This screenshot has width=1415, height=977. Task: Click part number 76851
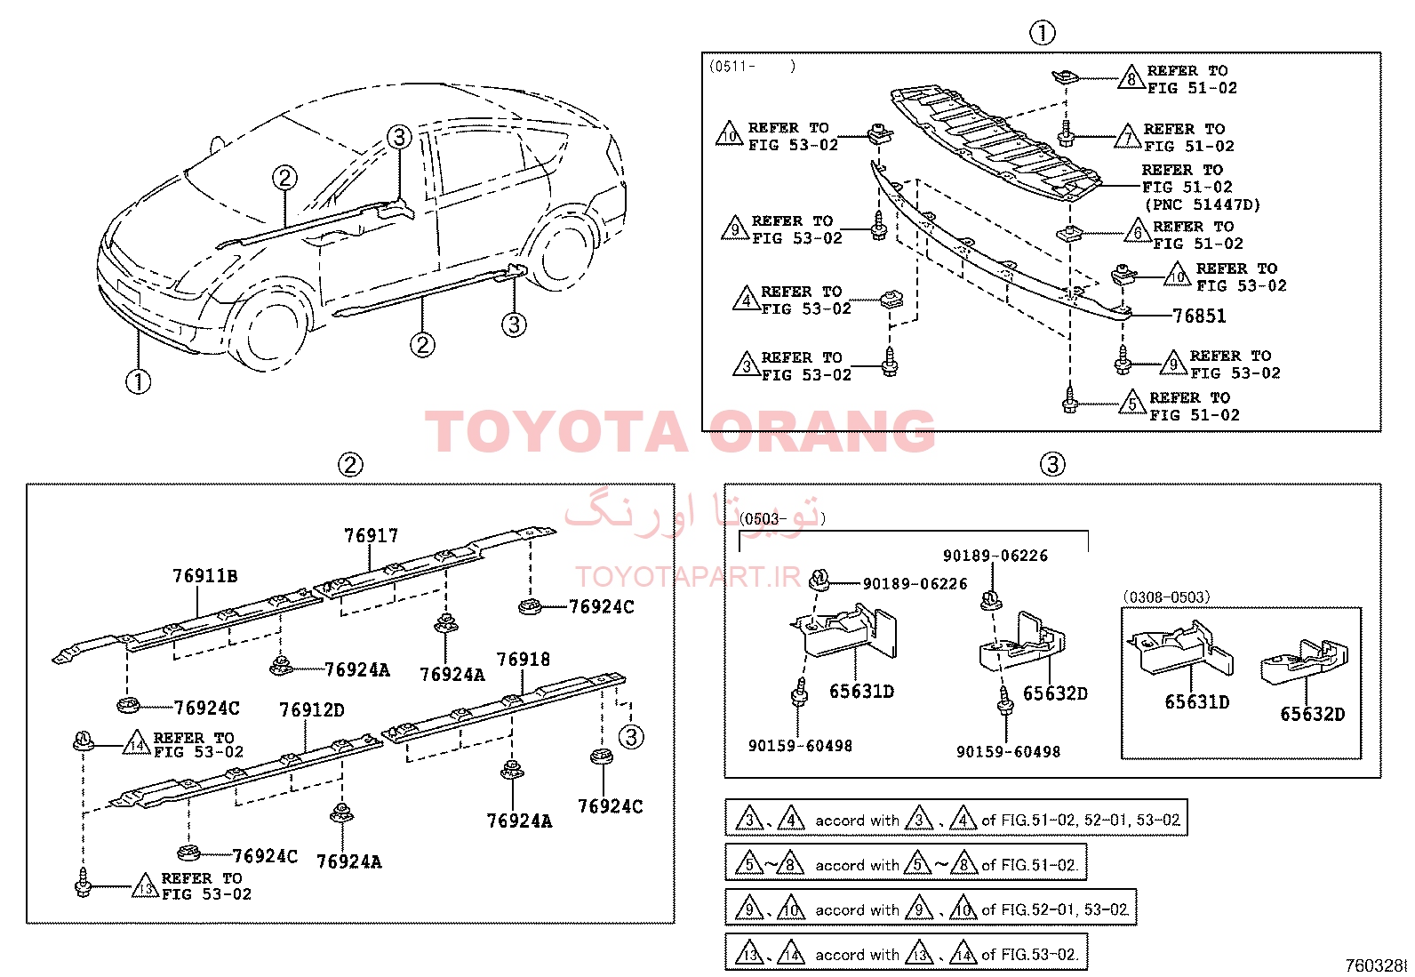tap(1199, 316)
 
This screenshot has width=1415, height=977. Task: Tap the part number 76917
tap(371, 536)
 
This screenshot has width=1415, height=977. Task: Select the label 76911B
tap(205, 576)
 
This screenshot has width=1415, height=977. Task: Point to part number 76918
tap(523, 659)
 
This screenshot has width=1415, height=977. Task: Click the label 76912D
tap(312, 709)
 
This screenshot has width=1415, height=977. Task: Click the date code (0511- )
tap(752, 66)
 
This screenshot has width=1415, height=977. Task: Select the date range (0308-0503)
tap(1166, 597)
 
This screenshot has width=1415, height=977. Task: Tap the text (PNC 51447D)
tap(1202, 204)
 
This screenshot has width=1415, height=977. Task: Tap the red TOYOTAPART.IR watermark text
tap(688, 577)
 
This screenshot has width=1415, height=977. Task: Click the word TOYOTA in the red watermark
tap(556, 432)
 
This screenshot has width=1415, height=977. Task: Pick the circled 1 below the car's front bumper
tap(139, 381)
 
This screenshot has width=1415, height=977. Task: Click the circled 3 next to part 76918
tap(631, 736)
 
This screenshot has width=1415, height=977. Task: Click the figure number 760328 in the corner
tap(1377, 965)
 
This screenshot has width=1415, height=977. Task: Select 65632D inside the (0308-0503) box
tap(1312, 714)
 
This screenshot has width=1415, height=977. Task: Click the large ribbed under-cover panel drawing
tap(995, 145)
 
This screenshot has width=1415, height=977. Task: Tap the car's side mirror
tap(217, 144)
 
